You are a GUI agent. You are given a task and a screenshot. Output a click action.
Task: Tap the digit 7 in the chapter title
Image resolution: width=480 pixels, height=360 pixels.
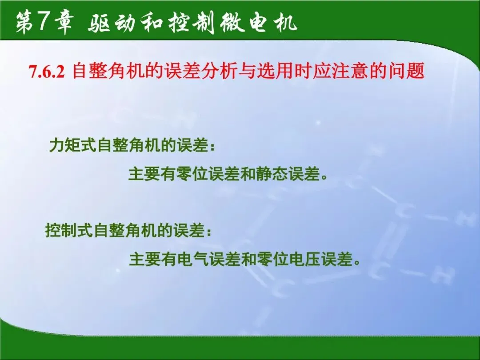tap(44, 22)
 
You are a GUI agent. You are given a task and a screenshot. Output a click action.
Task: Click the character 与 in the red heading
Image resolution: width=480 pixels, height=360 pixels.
tap(246, 71)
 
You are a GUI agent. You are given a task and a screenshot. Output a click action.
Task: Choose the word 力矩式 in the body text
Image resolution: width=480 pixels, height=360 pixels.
tap(73, 145)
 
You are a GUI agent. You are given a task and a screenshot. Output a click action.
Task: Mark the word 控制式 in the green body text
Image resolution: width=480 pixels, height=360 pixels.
tap(69, 230)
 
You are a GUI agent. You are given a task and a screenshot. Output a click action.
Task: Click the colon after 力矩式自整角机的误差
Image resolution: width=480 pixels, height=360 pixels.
tap(213, 146)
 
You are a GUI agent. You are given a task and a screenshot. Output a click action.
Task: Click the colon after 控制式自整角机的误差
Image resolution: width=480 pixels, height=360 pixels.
tap(209, 232)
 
